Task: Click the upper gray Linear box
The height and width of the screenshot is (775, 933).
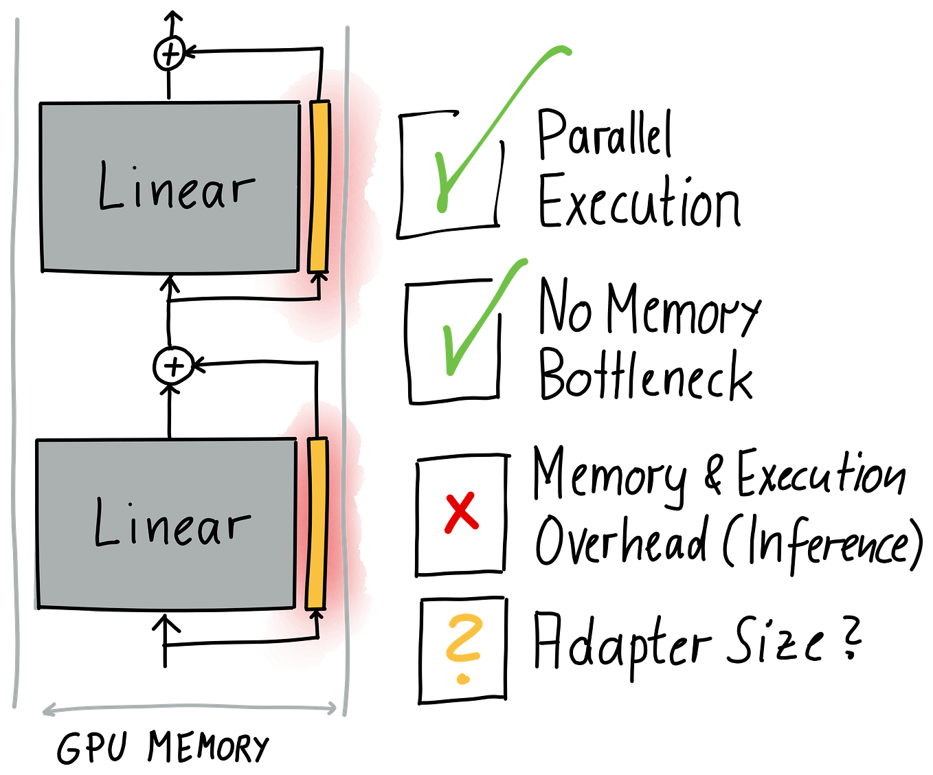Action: [x=170, y=227]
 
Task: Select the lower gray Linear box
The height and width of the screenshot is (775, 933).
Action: [x=165, y=570]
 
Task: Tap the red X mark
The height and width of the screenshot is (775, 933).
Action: [x=461, y=513]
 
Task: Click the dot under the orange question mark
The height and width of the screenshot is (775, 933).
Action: [x=464, y=679]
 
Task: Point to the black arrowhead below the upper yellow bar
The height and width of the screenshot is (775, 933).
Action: [x=317, y=277]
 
